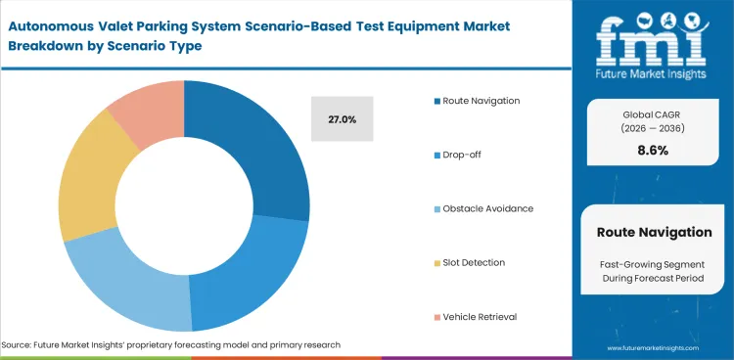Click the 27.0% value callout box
341,119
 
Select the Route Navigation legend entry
480,101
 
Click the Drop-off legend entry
462,155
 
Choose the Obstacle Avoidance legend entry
486,208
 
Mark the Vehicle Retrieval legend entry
480,316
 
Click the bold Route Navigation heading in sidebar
654,232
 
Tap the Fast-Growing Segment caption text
654,266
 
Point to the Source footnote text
171,345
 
